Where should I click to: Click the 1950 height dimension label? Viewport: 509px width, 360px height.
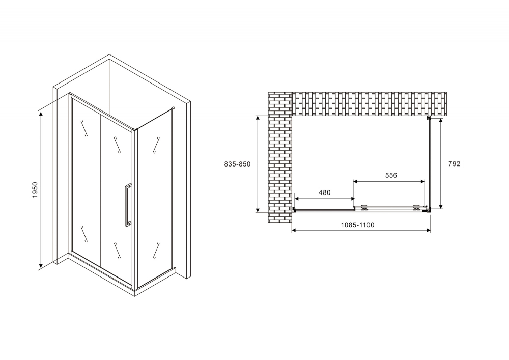point(35,190)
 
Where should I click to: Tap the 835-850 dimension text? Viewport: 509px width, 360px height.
point(237,164)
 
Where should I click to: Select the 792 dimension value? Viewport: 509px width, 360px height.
point(454,164)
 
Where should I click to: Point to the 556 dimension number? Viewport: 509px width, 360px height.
point(391,175)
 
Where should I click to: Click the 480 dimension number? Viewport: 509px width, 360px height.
point(324,192)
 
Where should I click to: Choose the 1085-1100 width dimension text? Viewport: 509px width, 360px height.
point(357,225)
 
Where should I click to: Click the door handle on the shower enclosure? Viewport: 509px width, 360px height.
point(127,205)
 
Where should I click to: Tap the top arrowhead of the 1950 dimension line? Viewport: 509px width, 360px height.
point(41,114)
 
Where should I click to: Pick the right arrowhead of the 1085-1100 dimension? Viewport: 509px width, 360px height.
point(429,230)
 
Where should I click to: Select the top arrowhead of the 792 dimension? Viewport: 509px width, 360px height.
point(440,121)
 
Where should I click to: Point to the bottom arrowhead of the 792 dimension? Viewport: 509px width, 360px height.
point(440,206)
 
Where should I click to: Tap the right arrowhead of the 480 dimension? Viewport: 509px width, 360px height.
point(352,199)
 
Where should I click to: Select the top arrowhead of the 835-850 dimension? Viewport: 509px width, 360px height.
point(258,118)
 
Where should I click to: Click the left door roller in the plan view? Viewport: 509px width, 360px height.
point(364,207)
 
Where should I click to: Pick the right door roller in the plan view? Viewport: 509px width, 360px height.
point(416,207)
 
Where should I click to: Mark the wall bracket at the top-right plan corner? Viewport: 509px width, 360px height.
point(429,118)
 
